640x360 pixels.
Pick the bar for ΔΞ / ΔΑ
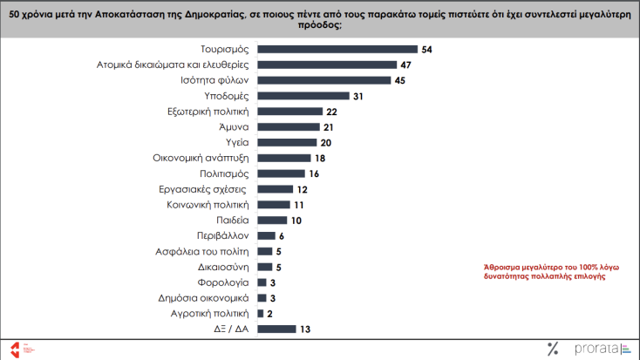point(277,329)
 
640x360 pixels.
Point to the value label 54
point(427,50)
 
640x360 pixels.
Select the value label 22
point(330,112)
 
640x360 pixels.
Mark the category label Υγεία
point(237,142)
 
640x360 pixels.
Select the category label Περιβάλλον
point(221,235)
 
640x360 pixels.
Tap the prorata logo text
point(592,350)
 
